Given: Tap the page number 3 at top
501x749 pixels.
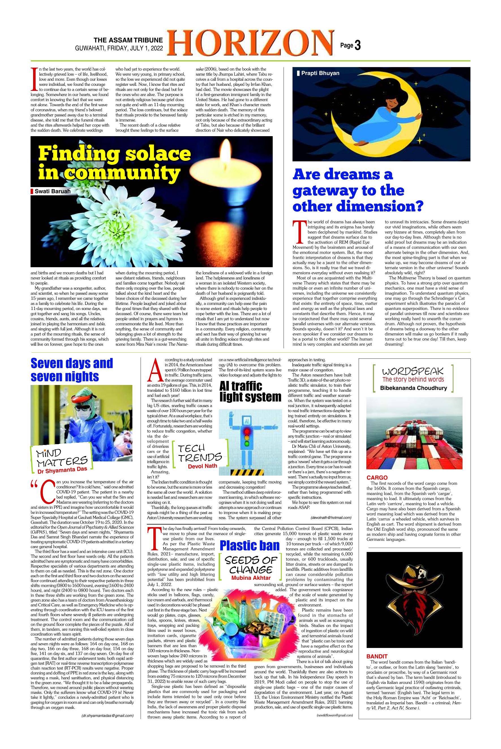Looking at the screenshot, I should click(x=358, y=46).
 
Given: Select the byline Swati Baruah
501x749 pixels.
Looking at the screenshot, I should click(x=53, y=191).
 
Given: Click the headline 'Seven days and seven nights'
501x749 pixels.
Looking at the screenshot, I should click(x=72, y=369).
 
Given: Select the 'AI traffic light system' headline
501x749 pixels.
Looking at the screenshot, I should click(x=250, y=391).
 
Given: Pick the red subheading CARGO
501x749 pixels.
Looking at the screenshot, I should click(x=377, y=478).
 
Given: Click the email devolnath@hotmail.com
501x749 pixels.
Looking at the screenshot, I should click(x=331, y=517).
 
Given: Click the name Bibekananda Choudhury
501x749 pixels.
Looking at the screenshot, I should click(x=414, y=388).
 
